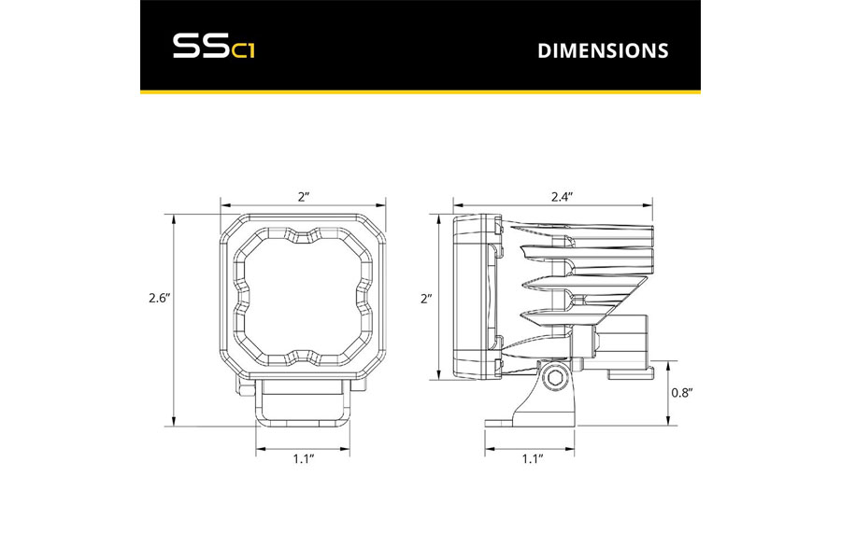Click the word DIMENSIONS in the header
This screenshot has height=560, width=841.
[603, 50]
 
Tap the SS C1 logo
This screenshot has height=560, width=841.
[213, 47]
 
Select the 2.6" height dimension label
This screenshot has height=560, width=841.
[159, 299]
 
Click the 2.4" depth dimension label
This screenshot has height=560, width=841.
[563, 197]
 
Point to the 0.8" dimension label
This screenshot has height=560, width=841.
[682, 393]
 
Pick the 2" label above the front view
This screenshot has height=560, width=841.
[304, 197]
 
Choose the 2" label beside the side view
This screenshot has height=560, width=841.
[426, 299]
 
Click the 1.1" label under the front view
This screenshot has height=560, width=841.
[303, 458]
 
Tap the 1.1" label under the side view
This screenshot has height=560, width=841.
[533, 458]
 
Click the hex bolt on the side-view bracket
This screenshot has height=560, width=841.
[553, 380]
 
